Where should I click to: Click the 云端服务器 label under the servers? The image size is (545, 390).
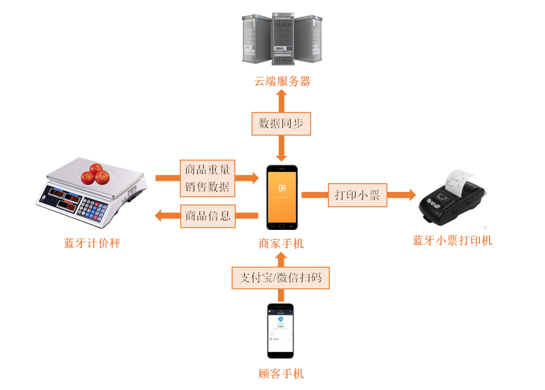click(x=282, y=82)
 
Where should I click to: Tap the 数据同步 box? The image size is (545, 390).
click(x=281, y=124)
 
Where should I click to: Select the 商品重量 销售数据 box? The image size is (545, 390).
click(x=208, y=178)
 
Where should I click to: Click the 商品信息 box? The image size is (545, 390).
click(x=208, y=216)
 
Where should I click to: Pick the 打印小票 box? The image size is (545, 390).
click(x=357, y=195)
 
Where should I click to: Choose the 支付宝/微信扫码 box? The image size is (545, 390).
click(x=281, y=277)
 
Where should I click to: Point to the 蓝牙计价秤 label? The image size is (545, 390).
click(x=92, y=244)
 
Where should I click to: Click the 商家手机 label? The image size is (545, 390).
click(x=281, y=244)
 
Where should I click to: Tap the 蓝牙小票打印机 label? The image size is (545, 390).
click(x=452, y=240)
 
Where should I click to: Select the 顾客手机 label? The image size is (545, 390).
click(x=281, y=374)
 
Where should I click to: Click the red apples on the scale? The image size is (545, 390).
click(x=96, y=174)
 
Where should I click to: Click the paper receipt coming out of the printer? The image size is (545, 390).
click(x=458, y=178)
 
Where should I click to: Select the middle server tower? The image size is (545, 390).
click(x=283, y=39)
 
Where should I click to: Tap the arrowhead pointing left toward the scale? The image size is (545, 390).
click(x=159, y=216)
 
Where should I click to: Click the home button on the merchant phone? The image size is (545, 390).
click(x=282, y=226)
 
